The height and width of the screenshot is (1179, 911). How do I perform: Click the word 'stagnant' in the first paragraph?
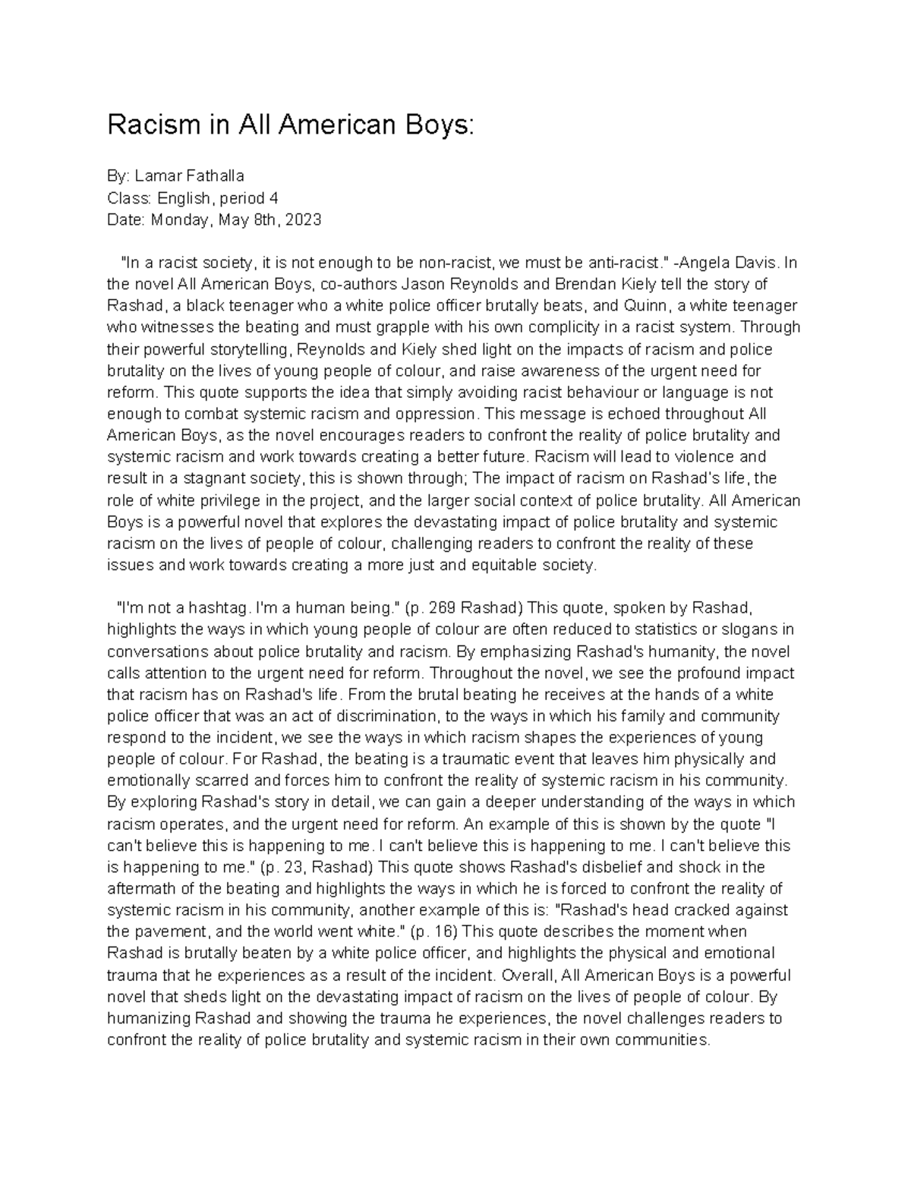click(214, 479)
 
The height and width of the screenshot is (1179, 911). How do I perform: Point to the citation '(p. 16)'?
click(440, 932)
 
